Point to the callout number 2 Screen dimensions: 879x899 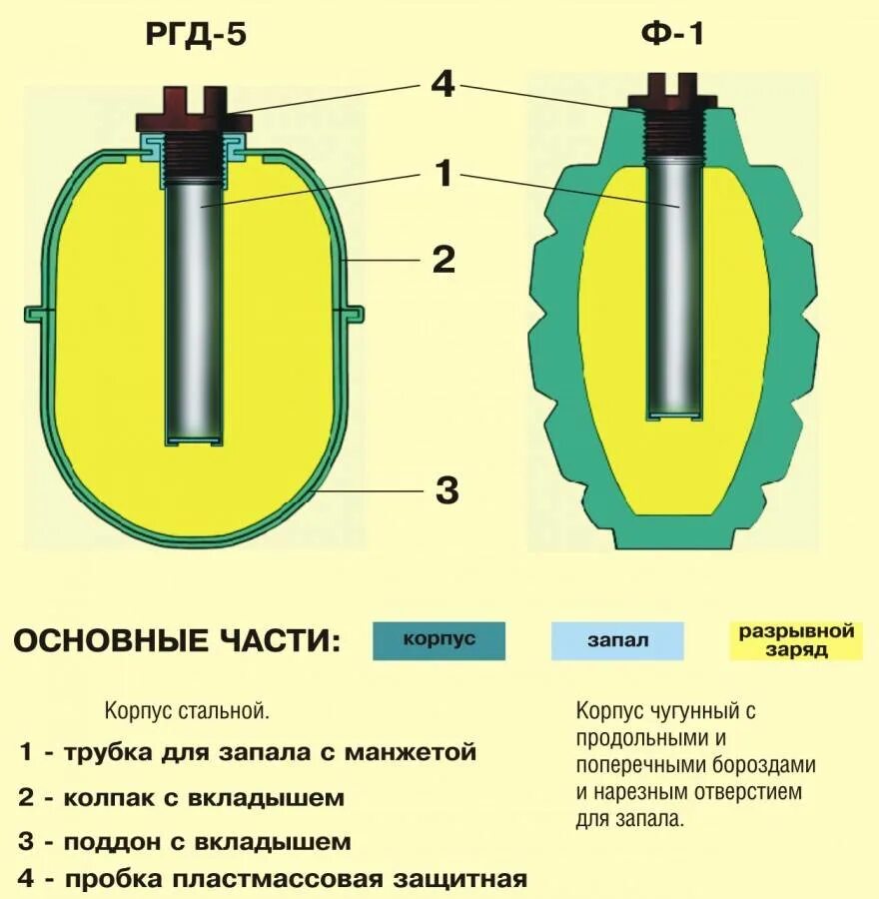click(x=442, y=261)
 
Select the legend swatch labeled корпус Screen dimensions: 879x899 click(x=439, y=639)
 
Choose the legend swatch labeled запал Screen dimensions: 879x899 click(x=617, y=640)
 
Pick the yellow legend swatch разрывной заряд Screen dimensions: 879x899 click(x=795, y=640)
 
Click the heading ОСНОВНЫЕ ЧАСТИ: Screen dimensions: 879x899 click(x=177, y=640)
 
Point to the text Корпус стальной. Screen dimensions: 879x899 click(x=187, y=712)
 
